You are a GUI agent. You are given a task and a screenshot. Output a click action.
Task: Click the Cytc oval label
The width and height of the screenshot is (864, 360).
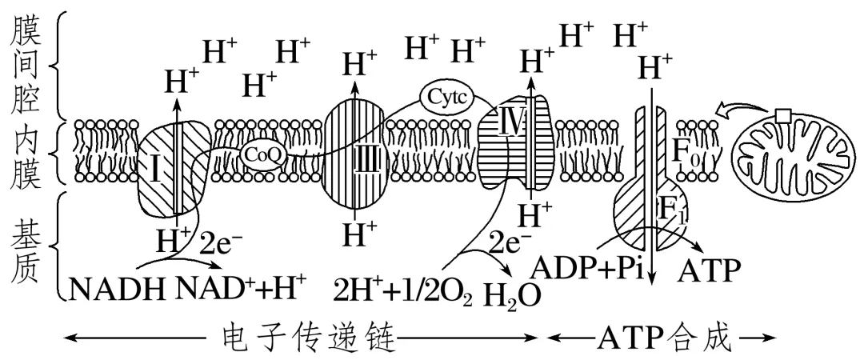[x=446, y=98]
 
